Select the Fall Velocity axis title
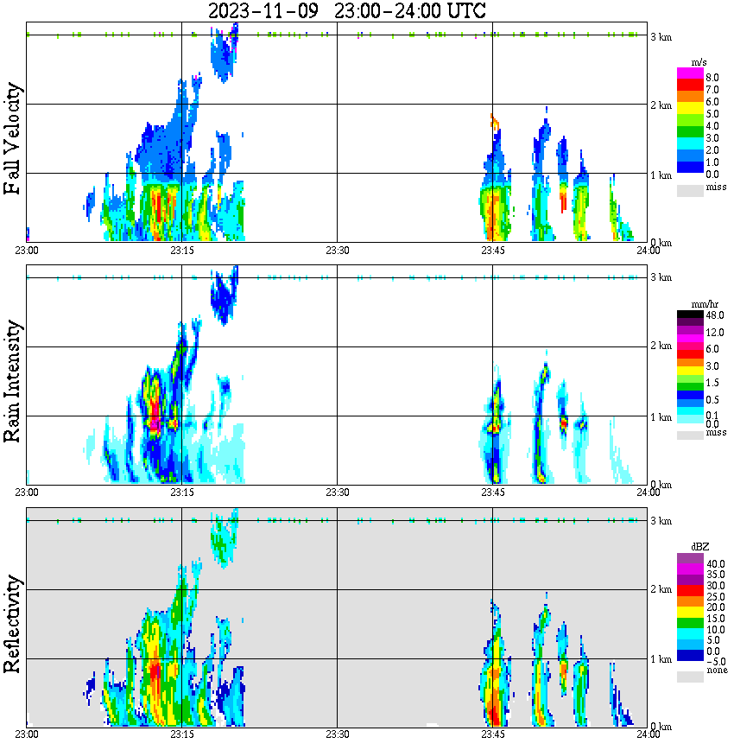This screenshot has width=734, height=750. click(13, 139)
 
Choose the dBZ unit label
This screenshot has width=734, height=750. click(700, 547)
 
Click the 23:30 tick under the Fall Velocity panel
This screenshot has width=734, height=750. click(337, 250)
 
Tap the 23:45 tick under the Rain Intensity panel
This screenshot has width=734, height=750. click(492, 493)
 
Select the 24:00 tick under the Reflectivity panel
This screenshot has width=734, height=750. click(648, 734)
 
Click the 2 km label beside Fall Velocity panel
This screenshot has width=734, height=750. click(661, 105)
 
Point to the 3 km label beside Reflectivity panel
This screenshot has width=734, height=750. click(661, 521)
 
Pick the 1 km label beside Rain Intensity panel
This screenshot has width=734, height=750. click(661, 417)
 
